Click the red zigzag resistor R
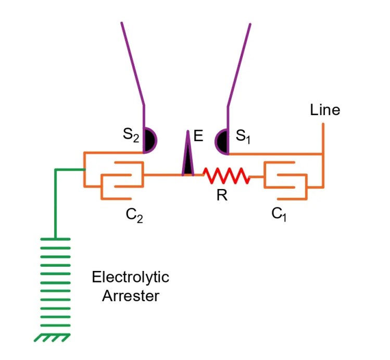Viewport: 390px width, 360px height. click(227, 176)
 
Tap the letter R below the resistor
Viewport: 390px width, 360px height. click(222, 196)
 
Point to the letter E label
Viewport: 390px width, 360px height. click(198, 136)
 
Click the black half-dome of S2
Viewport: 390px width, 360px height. click(149, 141)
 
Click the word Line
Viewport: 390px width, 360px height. click(324, 110)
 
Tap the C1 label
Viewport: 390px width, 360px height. click(280, 214)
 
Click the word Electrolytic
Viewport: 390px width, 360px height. click(130, 277)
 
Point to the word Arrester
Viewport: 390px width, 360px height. click(130, 296)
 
